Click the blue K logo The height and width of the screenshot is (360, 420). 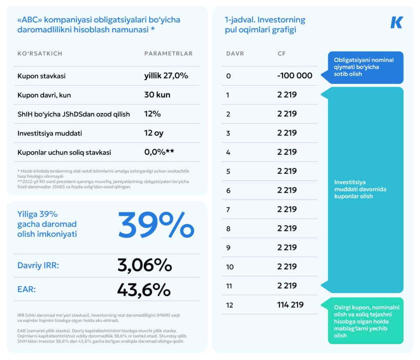tap(396, 23)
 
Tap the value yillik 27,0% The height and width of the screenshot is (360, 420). tap(166, 76)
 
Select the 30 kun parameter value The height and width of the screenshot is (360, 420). tap(157, 95)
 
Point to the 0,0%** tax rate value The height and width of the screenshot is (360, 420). tap(159, 152)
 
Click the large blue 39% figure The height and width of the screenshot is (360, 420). tap(156, 225)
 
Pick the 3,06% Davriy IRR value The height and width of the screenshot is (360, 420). tap(144, 266)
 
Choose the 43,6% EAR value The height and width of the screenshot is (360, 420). tap(144, 289)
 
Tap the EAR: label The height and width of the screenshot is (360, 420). tap(27, 289)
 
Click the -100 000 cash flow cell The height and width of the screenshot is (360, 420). tap(294, 76)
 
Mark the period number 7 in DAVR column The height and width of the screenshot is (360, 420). tap(228, 210)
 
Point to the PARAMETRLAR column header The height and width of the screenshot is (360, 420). tap(168, 54)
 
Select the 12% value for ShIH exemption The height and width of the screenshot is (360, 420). tap(152, 114)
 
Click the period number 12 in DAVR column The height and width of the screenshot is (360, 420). tap(230, 305)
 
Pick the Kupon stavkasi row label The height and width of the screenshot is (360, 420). tap(41, 76)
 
